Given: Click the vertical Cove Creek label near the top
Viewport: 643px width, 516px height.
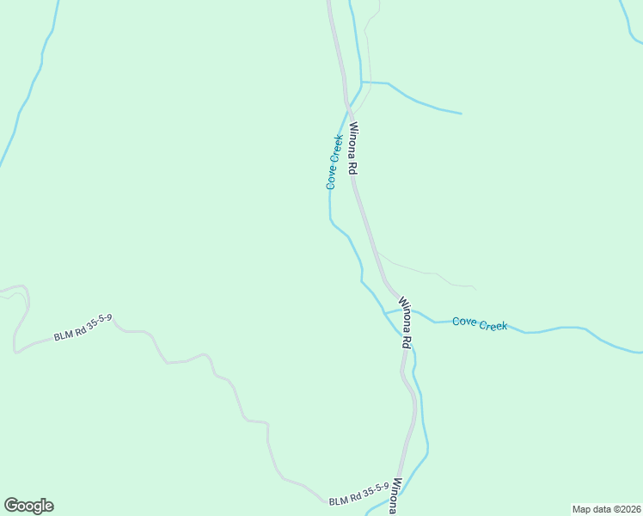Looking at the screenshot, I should pos(334,162).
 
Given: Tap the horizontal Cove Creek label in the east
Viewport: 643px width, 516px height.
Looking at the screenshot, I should pos(480,323).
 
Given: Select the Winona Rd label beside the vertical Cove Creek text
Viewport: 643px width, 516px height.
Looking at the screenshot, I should pos(352,149).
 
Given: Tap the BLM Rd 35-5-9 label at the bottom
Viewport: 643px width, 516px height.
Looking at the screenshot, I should pos(358,493).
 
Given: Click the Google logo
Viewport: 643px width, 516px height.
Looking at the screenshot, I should pos(28,506).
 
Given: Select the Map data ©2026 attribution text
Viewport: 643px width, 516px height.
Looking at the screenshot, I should pos(606,508).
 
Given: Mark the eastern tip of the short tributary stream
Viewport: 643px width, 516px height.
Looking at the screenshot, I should pos(461,113).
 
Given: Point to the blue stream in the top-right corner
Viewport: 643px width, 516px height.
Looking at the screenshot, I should pos(630,21).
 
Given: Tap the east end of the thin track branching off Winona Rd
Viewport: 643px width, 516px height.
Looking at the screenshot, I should pos(475,287).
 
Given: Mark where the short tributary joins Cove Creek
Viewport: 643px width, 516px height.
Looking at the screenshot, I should pos(362,83).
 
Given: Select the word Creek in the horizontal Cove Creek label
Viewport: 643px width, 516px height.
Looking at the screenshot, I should pos(493,324).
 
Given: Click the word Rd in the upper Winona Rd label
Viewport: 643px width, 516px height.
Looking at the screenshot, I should pos(352,167).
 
